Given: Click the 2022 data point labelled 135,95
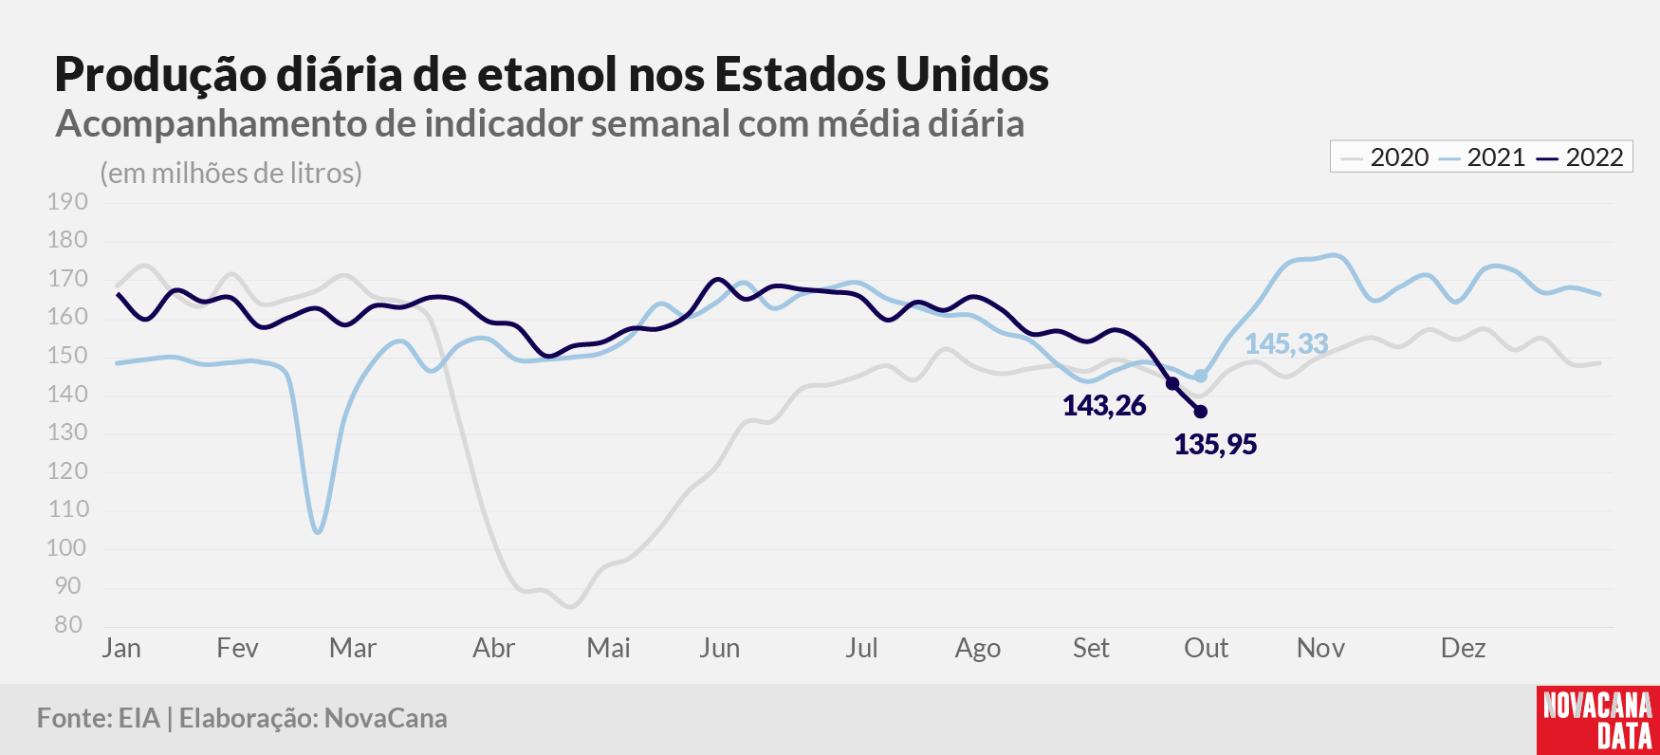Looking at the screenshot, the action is (1201, 412).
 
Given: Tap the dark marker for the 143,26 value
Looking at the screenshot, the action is (1172, 383).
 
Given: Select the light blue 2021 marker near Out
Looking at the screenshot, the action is (1201, 377).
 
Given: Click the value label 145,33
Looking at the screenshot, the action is (1286, 343).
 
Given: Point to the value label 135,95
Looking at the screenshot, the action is (1215, 444).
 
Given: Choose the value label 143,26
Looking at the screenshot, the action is (1104, 406).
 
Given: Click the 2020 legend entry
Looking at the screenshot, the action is (1385, 157).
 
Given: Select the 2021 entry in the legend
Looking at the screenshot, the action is (1482, 157).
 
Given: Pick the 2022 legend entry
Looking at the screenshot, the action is (1580, 157).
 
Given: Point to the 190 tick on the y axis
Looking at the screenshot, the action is (67, 202).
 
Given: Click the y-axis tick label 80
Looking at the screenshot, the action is (68, 625).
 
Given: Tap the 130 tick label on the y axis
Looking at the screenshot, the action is (67, 433).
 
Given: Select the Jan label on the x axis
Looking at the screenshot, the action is (121, 648).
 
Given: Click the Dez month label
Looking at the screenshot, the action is (1463, 648).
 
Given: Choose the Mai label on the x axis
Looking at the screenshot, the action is (608, 648).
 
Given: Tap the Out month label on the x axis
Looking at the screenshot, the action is (1206, 648).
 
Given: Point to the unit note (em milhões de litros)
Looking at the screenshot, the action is (231, 174).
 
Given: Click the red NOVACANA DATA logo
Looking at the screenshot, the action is (1598, 720).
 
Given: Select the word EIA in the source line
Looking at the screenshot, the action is (138, 718).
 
